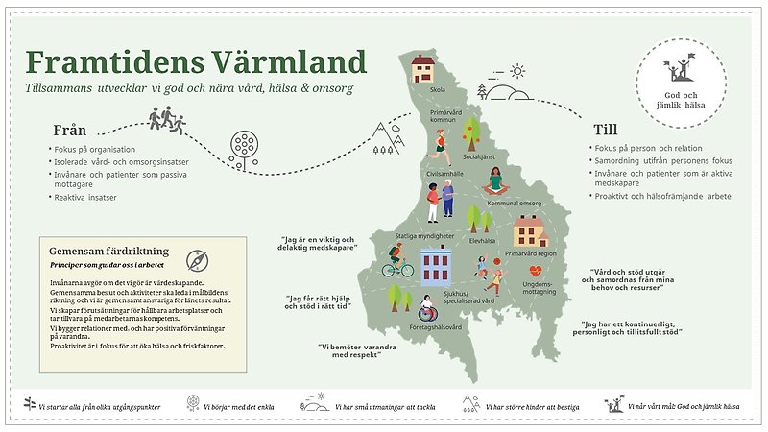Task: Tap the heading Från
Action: pyautogui.click(x=71, y=131)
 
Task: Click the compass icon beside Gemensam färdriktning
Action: pyautogui.click(x=198, y=260)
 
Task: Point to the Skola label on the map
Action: pyautogui.click(x=437, y=91)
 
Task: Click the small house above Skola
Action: pyautogui.click(x=423, y=68)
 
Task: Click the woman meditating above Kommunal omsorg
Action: pyautogui.click(x=495, y=180)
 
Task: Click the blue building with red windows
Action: pyautogui.click(x=437, y=266)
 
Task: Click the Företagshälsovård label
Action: pyautogui.click(x=436, y=328)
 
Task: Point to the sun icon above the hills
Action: pyautogui.click(x=517, y=70)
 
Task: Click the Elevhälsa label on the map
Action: pyautogui.click(x=481, y=242)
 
